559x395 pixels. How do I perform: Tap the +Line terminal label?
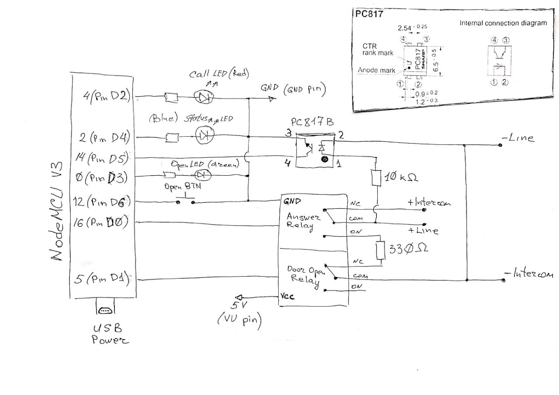tap(424, 230)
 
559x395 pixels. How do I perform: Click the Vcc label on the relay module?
tap(287, 297)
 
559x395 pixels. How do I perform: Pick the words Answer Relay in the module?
tap(303, 221)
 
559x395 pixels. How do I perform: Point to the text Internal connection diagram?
tap(503, 23)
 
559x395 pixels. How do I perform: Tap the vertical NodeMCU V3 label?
tap(57, 213)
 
